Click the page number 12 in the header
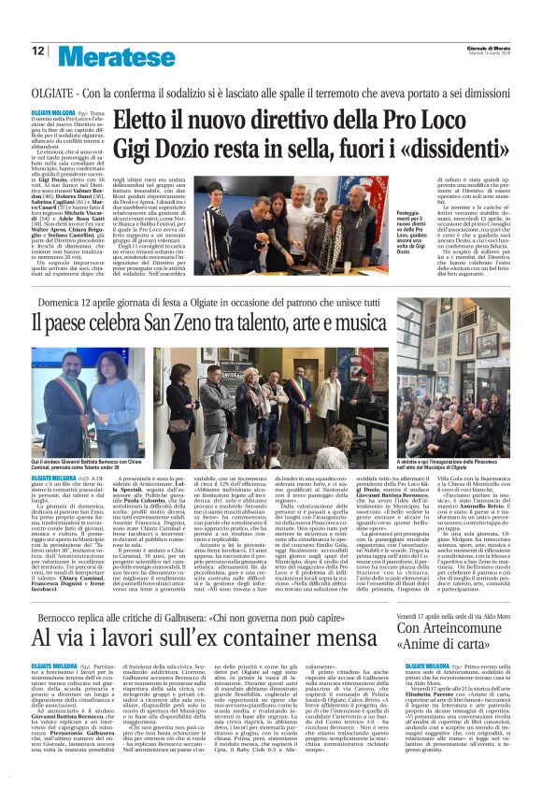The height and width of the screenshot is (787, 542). tap(37, 51)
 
